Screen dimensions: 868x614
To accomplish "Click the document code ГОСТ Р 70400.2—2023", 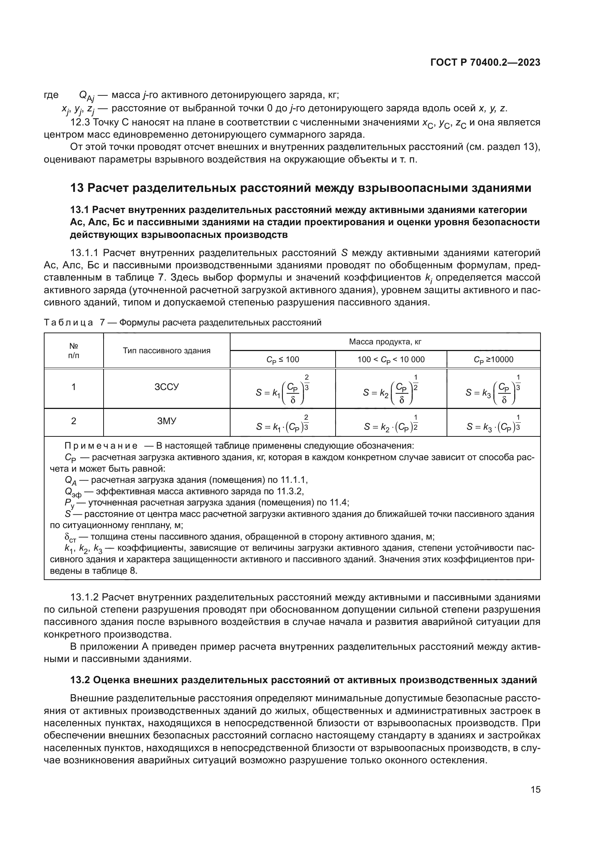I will coord(486,63).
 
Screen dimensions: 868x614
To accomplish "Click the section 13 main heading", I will coord(301,188).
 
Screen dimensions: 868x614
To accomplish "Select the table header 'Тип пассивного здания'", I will coord(167,350).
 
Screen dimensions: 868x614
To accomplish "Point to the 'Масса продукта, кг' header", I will coord(385,342).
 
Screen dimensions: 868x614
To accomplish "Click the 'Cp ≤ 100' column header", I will coord(282,360).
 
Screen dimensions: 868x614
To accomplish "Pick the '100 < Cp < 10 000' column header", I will coord(391,360).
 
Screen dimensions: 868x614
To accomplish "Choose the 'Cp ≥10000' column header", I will coord(493,360).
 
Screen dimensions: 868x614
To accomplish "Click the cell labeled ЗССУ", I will coord(167,387).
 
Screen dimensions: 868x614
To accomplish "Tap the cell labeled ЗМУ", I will coord(167,421).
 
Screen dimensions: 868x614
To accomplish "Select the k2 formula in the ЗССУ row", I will coord(391,392).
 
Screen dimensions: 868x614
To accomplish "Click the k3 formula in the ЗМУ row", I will coord(493,425).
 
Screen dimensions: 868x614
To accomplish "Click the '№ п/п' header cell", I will coord(74,350).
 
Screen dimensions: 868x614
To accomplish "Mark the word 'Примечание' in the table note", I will coord(101,446).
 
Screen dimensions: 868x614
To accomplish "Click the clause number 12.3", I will coord(80,122).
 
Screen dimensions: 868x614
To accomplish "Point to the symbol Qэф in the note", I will coord(73,492).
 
